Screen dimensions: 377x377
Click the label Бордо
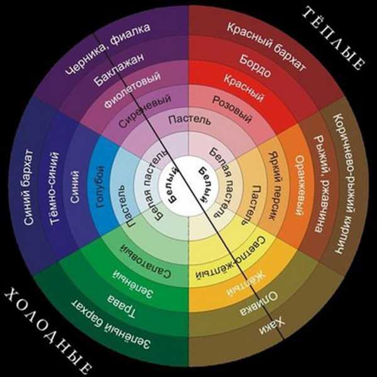click(255, 65)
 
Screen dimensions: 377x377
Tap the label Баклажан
click(119, 69)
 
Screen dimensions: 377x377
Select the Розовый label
click(232, 109)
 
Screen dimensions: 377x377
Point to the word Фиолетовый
click(132, 89)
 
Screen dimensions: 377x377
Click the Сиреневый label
click(145, 111)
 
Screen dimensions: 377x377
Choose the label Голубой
click(101, 187)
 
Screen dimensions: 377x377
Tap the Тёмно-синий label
click(54, 188)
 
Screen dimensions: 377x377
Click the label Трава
click(121, 306)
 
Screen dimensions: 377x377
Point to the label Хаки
click(272, 325)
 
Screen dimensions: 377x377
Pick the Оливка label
click(259, 303)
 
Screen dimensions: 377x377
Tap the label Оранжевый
click(300, 185)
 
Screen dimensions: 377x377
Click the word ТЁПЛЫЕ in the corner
click(334, 38)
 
